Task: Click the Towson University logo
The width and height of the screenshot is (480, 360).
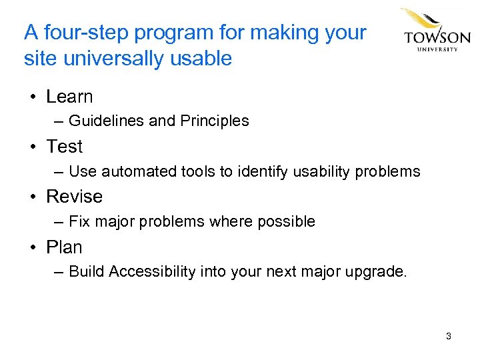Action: (x=435, y=31)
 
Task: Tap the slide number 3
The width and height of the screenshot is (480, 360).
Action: (x=449, y=336)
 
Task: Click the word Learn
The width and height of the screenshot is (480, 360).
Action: (x=69, y=97)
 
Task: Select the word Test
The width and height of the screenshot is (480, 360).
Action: (x=65, y=147)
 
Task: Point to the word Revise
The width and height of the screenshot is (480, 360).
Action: (x=74, y=197)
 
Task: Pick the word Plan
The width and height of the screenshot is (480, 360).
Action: (x=64, y=247)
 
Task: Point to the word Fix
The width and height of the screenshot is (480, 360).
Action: (x=79, y=221)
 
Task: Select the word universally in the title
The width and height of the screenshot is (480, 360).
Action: (x=114, y=59)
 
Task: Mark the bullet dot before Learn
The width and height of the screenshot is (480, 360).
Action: (x=32, y=97)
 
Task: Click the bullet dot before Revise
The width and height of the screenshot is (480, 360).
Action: (x=32, y=197)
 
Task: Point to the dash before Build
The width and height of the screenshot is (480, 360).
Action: (x=59, y=272)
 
